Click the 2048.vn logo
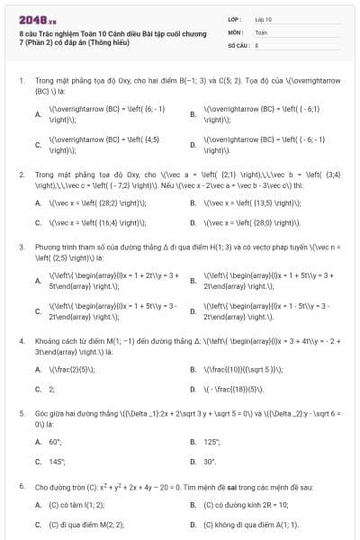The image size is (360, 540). click(35, 19)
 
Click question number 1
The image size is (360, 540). click(21, 81)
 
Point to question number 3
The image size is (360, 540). click(21, 246)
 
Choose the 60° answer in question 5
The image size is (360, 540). click(55, 442)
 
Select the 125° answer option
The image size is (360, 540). click(211, 442)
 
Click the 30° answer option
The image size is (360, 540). click(210, 462)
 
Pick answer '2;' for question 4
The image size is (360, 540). click(51, 389)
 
